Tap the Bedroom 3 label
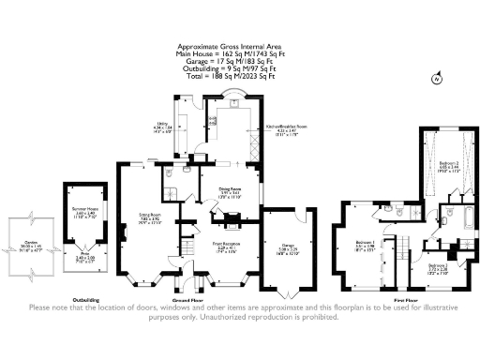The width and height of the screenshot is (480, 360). tap(439, 266)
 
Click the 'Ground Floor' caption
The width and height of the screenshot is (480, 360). tap(213, 298)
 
